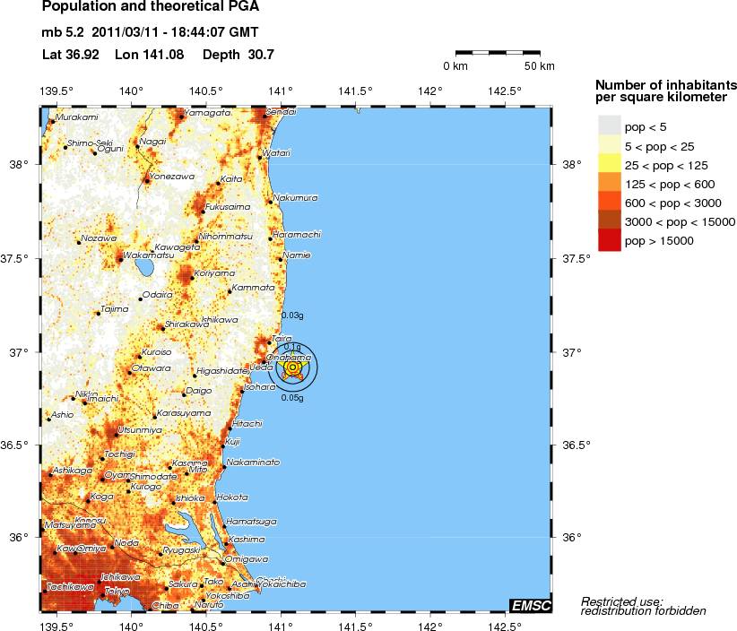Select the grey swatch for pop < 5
click(x=609, y=126)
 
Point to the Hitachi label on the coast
click(x=247, y=423)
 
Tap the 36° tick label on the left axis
click(x=19, y=537)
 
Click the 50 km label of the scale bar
click(x=539, y=67)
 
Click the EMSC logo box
click(x=529, y=606)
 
